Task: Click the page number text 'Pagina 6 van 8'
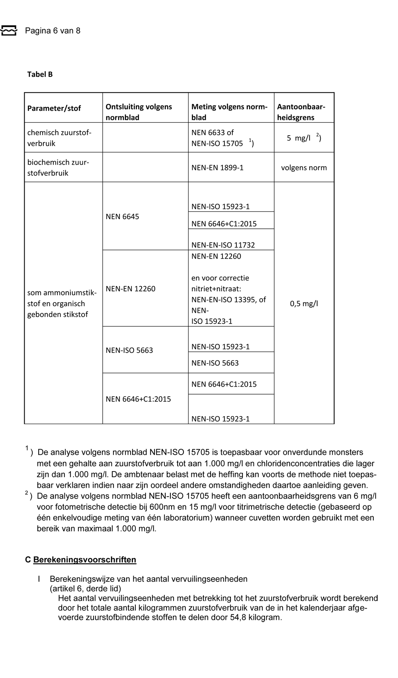(x=53, y=31)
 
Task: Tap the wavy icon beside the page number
(x=9, y=30)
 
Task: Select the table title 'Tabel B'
(x=40, y=74)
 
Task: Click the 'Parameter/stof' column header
(x=54, y=108)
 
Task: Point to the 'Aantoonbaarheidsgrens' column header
(x=301, y=112)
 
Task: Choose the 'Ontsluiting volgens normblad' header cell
(x=139, y=112)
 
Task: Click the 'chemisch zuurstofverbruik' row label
(x=59, y=138)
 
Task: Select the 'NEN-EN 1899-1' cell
(x=217, y=167)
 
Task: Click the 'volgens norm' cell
(x=304, y=167)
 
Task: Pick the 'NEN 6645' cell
(x=123, y=216)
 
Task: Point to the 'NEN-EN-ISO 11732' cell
(x=223, y=245)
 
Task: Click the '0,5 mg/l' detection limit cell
(x=304, y=303)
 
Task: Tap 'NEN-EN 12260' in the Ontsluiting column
(x=131, y=289)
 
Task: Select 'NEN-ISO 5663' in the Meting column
(x=215, y=363)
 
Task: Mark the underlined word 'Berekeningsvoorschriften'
(x=85, y=560)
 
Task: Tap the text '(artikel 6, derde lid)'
(x=86, y=588)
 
